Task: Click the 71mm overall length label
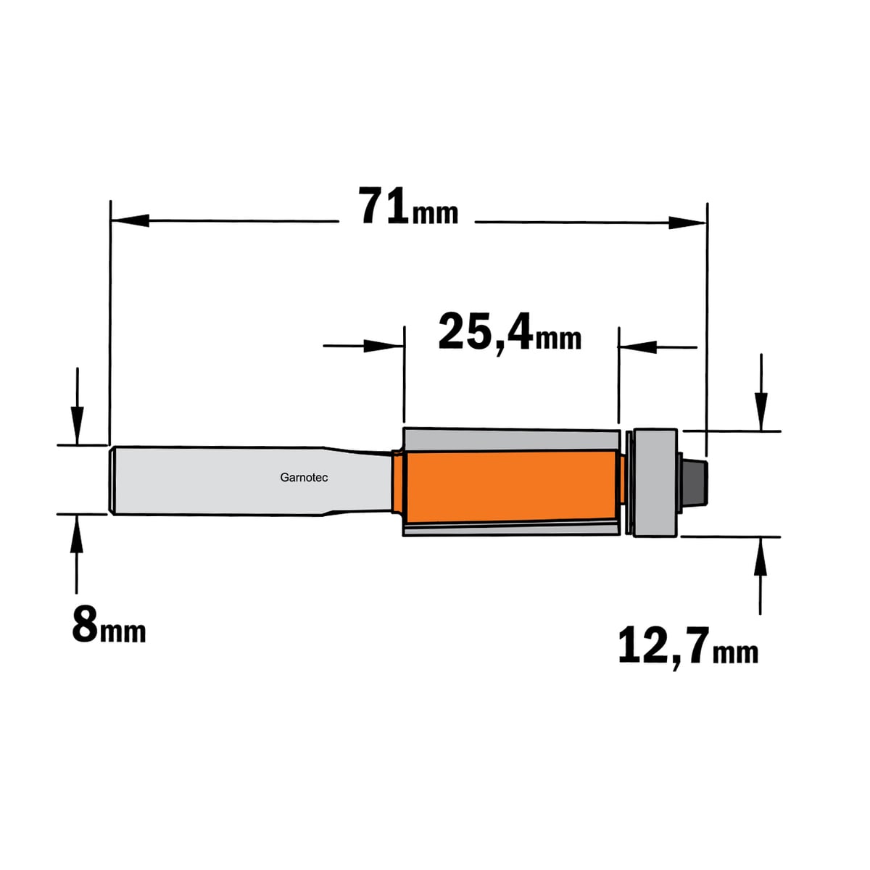pos(408,207)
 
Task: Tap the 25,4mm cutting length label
pos(510,333)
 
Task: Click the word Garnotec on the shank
pos(304,478)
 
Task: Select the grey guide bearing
pos(655,483)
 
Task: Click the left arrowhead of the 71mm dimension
pos(130,220)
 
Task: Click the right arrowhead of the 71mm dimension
pos(687,223)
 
